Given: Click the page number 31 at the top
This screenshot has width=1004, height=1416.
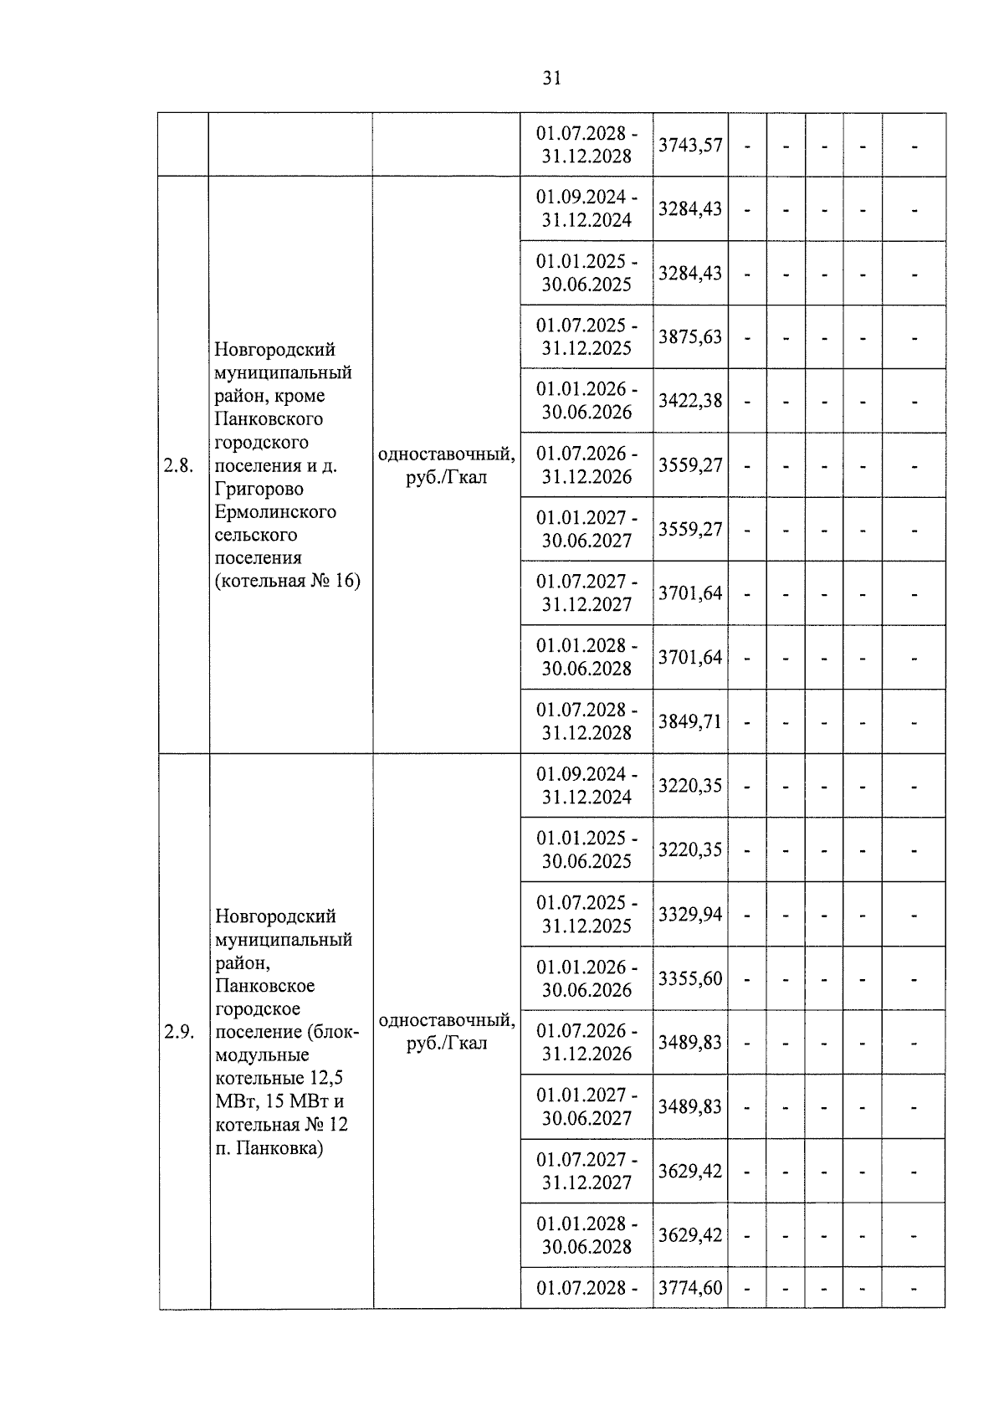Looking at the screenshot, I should [x=551, y=79].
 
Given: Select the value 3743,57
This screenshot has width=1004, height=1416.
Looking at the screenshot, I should [x=689, y=145].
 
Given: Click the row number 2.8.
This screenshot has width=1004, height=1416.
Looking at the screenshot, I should [x=179, y=466].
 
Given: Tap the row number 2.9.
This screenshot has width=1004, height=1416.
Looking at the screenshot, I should [x=179, y=1032].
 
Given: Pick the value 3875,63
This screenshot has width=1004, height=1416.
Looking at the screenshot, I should [x=689, y=336].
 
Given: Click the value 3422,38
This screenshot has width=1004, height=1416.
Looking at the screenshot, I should [x=689, y=401].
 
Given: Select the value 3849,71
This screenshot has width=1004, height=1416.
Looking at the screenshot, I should [x=689, y=721].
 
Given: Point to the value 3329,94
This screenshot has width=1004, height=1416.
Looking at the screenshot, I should [x=689, y=914].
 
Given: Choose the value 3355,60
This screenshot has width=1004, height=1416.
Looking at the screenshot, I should [x=689, y=978].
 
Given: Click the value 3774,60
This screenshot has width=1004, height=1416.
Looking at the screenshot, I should [x=689, y=1288].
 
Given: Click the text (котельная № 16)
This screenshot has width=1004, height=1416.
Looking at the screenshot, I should [x=287, y=580].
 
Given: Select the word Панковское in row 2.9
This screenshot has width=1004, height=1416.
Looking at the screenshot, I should [x=264, y=986].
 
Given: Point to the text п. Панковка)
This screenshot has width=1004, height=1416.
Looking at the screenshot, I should [x=269, y=1147].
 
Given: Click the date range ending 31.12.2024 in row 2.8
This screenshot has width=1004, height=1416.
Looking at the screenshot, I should [x=586, y=209].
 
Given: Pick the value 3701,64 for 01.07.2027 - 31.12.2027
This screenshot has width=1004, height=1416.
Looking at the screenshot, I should [x=689, y=593].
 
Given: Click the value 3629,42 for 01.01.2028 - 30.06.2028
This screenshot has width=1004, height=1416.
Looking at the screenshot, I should [x=689, y=1235].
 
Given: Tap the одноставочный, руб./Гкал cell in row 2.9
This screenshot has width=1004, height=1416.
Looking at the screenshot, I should [x=446, y=1032].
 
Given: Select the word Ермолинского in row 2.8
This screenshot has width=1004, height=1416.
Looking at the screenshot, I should [x=275, y=511].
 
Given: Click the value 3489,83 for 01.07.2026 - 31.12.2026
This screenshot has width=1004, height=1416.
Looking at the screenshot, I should [x=689, y=1043].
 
